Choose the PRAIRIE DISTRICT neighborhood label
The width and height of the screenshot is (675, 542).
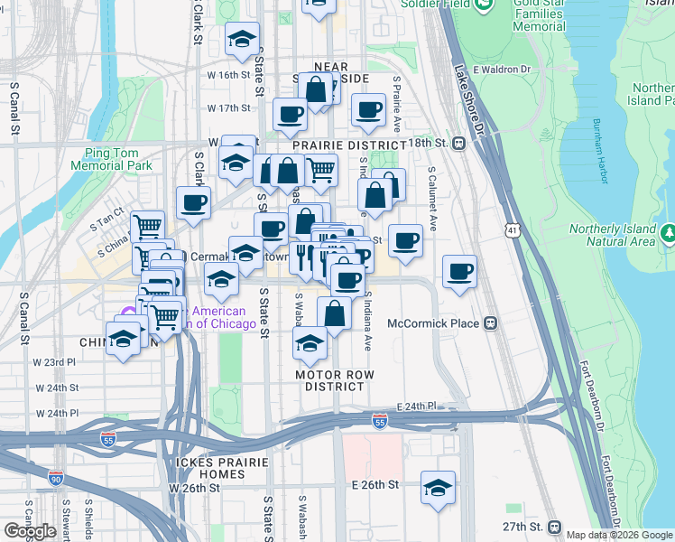(349, 145)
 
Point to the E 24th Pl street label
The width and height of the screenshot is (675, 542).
(416, 406)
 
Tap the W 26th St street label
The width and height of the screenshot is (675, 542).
(194, 488)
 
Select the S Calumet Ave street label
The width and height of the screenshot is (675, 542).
(432, 198)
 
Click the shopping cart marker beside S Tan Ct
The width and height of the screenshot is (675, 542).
(147, 227)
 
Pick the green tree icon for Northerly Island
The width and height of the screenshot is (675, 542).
(669, 233)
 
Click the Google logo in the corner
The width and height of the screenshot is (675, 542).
(30, 531)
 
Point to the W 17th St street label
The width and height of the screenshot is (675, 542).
(227, 108)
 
